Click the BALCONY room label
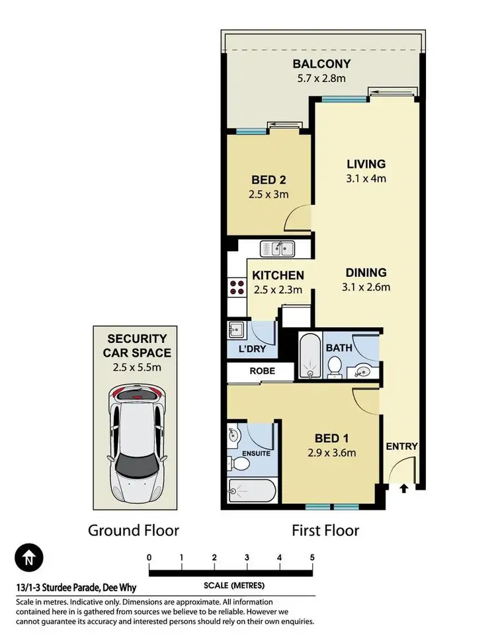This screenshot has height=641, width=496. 322,64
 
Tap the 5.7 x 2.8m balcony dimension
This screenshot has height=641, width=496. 322,79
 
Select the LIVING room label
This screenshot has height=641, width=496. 366,164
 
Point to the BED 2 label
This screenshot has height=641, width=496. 268,180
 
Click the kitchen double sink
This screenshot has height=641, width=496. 278,248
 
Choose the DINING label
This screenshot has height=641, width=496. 365,272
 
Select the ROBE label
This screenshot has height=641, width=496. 261,371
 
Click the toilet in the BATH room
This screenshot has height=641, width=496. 334,367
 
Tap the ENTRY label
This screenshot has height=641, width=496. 402,446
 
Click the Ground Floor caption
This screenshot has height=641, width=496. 134,530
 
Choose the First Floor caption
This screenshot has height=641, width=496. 326,530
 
